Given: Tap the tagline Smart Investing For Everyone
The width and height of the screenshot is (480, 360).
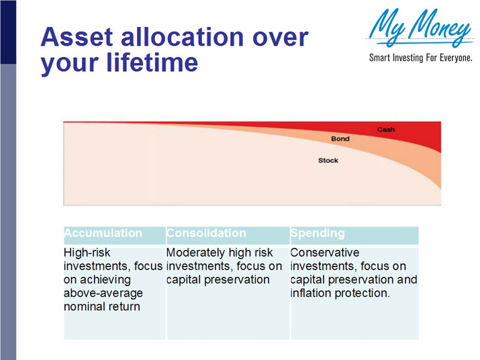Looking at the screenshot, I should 421,58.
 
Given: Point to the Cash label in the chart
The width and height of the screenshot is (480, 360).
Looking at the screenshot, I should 385,129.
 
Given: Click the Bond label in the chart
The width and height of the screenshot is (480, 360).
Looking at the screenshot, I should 340,139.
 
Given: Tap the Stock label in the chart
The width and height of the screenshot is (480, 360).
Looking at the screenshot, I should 328,161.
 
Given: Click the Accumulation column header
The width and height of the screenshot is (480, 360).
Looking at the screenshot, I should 103,234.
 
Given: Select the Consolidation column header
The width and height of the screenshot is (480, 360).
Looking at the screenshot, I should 206,234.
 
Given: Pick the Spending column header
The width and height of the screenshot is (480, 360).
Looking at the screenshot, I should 318,234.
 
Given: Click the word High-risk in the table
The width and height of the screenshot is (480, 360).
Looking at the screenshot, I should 87,253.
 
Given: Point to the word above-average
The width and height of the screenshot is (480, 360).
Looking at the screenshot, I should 103,293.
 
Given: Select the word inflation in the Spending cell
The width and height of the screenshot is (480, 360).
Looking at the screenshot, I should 311,293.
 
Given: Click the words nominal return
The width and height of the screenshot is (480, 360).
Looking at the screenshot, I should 102,306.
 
